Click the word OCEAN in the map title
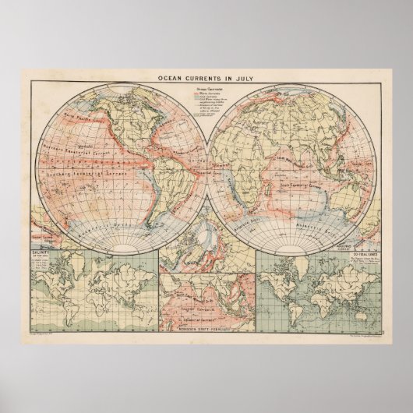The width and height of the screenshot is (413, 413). click(171, 78)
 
